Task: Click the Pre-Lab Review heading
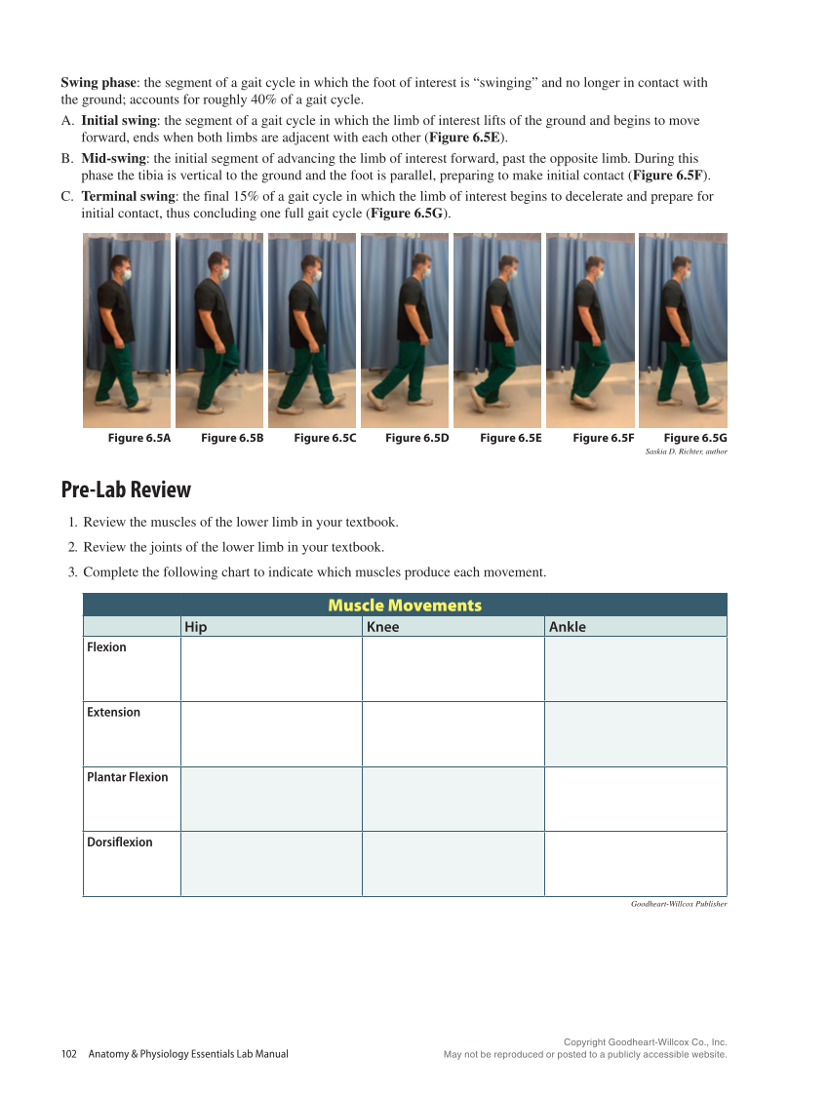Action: pyautogui.click(x=126, y=490)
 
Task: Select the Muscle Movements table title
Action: pyautogui.click(x=405, y=606)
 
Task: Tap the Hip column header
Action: pyautogui.click(x=196, y=627)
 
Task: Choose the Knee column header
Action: pyautogui.click(x=382, y=627)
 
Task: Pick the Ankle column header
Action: pyautogui.click(x=568, y=627)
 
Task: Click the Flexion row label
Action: pyautogui.click(x=106, y=647)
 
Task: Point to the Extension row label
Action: pyautogui.click(x=113, y=713)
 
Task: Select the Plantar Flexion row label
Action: pyautogui.click(x=127, y=777)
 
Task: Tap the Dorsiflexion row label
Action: pyautogui.click(x=120, y=842)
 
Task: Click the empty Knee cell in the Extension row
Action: pyautogui.click(x=453, y=734)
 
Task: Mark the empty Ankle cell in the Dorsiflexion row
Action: pyautogui.click(x=635, y=864)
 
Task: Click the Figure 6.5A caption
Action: pyautogui.click(x=139, y=439)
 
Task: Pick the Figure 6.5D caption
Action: pyautogui.click(x=417, y=439)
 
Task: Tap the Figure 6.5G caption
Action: pyautogui.click(x=695, y=439)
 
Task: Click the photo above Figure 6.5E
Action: pyautogui.click(x=497, y=330)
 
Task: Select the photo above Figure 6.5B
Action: pyautogui.click(x=219, y=330)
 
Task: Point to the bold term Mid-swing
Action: pyautogui.click(x=114, y=158)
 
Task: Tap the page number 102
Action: pyautogui.click(x=68, y=1054)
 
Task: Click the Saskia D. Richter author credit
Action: pyautogui.click(x=686, y=451)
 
